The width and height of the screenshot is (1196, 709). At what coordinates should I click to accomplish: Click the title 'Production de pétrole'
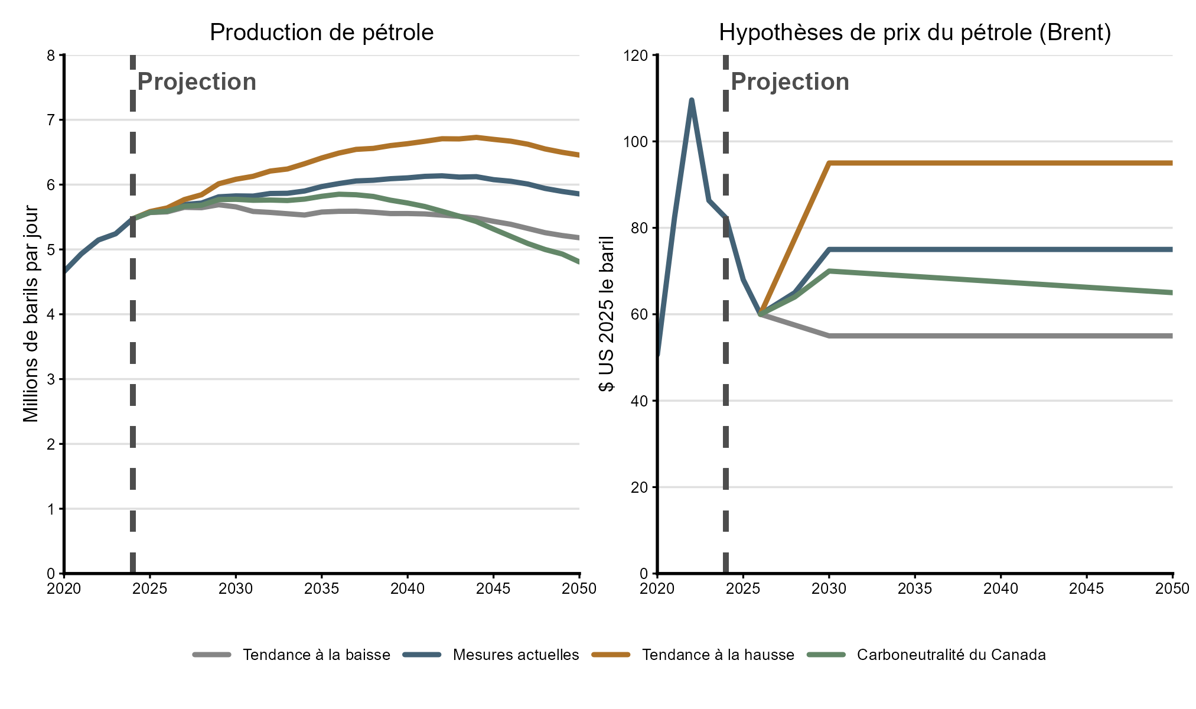pyautogui.click(x=321, y=32)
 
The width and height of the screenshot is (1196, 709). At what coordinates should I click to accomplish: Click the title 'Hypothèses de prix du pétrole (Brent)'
pyautogui.click(x=915, y=32)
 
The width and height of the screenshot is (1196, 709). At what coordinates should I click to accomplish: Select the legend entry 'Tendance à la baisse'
pyautogui.click(x=316, y=655)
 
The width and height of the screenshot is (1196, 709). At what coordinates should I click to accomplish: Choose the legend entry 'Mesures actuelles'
pyautogui.click(x=516, y=655)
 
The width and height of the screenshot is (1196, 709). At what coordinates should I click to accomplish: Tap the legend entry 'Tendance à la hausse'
pyautogui.click(x=718, y=655)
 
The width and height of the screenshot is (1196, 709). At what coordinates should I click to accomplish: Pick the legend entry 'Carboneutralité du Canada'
pyautogui.click(x=951, y=655)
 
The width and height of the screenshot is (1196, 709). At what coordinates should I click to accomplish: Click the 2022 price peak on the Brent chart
pyautogui.click(x=692, y=100)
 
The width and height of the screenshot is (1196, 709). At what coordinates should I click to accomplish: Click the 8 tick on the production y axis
pyautogui.click(x=51, y=56)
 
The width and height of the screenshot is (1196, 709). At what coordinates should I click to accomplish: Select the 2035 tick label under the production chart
pyautogui.click(x=321, y=588)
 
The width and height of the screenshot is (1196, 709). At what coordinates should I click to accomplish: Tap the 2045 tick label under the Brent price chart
pyautogui.click(x=1087, y=588)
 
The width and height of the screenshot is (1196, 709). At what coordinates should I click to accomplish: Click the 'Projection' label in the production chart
pyautogui.click(x=197, y=82)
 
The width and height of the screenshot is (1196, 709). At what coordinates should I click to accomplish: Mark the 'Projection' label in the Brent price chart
pyautogui.click(x=790, y=82)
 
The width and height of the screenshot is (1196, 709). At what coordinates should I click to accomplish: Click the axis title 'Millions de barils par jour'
pyautogui.click(x=31, y=314)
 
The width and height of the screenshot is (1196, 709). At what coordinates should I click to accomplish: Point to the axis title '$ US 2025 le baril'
pyautogui.click(x=607, y=314)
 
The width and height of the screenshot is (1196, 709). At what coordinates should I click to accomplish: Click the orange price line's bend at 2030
pyautogui.click(x=829, y=163)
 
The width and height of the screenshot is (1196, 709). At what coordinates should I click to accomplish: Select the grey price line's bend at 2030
pyautogui.click(x=829, y=336)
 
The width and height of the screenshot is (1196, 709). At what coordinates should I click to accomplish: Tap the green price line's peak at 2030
pyautogui.click(x=829, y=271)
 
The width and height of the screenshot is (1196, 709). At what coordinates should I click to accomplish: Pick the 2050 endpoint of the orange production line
pyautogui.click(x=579, y=155)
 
